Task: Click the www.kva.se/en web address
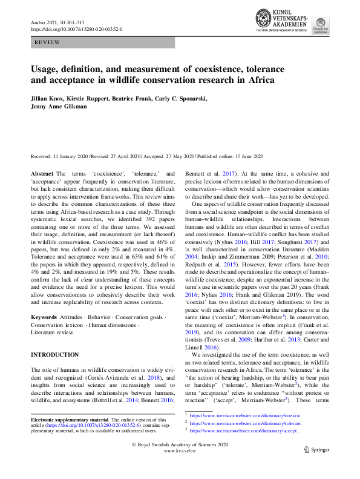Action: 180,469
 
